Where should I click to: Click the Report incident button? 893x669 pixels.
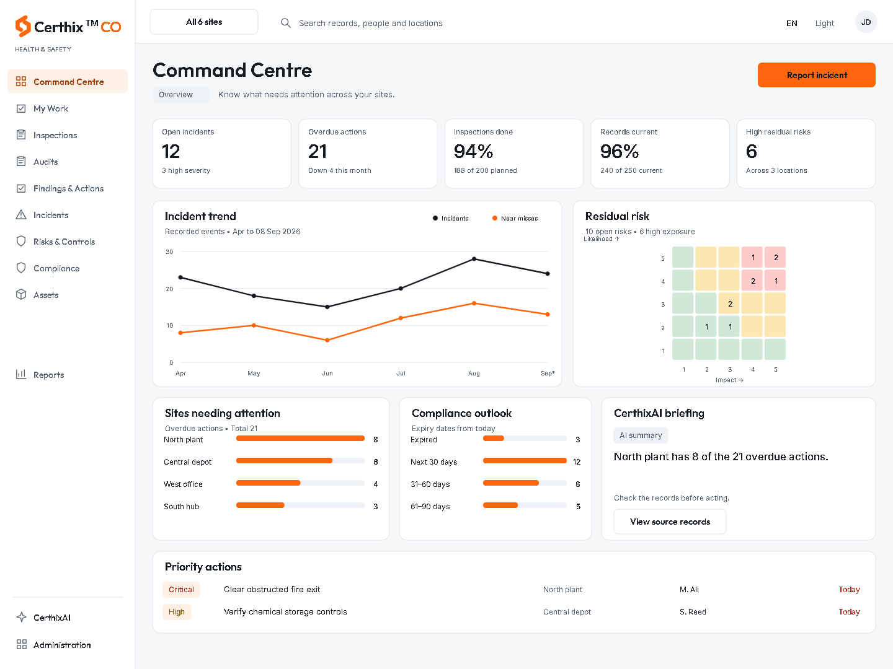[816, 75]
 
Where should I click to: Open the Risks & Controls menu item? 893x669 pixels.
[64, 242]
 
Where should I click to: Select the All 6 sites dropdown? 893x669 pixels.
[204, 22]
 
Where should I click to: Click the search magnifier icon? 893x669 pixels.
[286, 23]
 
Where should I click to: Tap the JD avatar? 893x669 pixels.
[866, 22]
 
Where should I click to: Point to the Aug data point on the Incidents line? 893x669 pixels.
[474, 259]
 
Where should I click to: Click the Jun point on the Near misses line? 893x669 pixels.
[327, 340]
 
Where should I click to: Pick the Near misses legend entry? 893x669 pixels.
[515, 218]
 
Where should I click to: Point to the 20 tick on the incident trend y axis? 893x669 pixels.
[169, 289]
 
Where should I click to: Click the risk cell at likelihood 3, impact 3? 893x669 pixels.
[729, 304]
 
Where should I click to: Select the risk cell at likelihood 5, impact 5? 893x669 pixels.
[775, 257]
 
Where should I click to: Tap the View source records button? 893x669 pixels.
[670, 522]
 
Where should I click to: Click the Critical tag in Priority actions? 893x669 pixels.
[181, 589]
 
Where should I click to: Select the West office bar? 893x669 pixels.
[268, 483]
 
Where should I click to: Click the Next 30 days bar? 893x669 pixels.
[525, 461]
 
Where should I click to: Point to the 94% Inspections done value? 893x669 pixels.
[473, 151]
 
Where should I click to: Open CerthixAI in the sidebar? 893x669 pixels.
[51, 618]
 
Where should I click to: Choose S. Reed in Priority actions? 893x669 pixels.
[693, 612]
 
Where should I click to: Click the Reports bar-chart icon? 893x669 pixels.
[20, 374]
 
